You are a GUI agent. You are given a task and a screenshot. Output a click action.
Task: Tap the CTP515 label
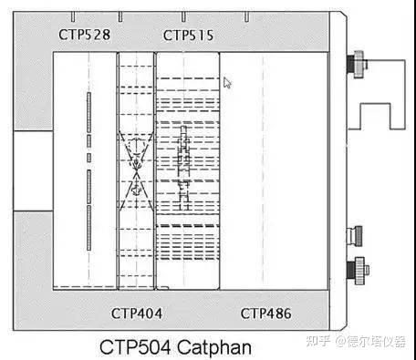point(188,35)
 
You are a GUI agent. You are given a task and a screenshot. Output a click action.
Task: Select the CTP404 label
point(137,314)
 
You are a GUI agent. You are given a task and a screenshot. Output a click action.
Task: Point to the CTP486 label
point(266,314)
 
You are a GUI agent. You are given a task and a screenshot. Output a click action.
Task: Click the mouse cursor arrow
point(227,82)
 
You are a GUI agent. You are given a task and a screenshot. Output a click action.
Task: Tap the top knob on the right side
point(352,67)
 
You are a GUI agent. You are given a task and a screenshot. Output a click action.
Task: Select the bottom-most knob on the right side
point(352,269)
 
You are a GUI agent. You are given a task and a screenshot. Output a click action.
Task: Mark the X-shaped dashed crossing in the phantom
point(136,164)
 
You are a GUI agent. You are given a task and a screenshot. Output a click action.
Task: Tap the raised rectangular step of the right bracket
point(382,117)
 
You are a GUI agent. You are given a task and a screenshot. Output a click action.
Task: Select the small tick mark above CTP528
point(72,16)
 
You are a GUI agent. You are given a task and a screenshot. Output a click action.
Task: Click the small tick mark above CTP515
point(183,16)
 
